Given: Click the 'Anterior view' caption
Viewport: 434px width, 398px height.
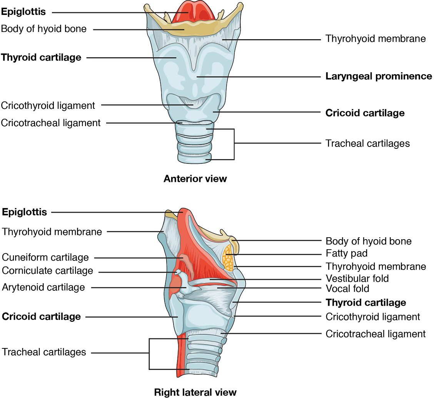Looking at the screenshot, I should pyautogui.click(x=195, y=178).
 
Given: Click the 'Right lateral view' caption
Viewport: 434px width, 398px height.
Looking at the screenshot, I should pyautogui.click(x=195, y=392).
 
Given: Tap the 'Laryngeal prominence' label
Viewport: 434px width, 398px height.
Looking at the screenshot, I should pyautogui.click(x=379, y=76).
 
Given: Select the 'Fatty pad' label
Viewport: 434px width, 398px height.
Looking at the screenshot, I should pyautogui.click(x=346, y=253).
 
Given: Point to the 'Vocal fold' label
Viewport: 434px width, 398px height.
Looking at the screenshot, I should pyautogui.click(x=347, y=288).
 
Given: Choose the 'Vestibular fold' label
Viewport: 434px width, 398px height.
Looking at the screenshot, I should pyautogui.click(x=357, y=278).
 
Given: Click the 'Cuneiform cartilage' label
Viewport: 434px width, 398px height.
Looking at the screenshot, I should pyautogui.click(x=45, y=257).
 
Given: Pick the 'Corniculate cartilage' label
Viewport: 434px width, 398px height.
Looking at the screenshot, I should pyautogui.click(x=47, y=271).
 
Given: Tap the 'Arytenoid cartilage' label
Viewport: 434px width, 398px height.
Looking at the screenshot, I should pyautogui.click(x=43, y=287).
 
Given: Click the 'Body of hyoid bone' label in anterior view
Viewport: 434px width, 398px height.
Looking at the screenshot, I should pyautogui.click(x=44, y=29).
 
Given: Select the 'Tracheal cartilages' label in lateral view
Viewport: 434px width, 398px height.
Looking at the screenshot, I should pyautogui.click(x=44, y=352).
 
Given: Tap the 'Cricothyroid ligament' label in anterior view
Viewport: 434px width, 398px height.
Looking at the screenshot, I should pyautogui.click(x=48, y=105).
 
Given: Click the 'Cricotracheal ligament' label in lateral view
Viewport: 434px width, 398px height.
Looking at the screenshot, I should pyautogui.click(x=376, y=334).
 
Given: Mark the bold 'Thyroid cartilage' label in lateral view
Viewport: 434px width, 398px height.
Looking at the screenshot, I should pyautogui.click(x=366, y=303).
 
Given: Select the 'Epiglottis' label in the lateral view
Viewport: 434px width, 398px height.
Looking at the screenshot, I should pyautogui.click(x=25, y=212).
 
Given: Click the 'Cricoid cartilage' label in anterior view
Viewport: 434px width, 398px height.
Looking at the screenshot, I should pyautogui.click(x=365, y=113).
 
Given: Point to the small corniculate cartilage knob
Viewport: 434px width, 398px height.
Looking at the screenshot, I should pyautogui.click(x=178, y=272).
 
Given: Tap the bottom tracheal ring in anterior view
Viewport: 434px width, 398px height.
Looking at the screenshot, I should pyautogui.click(x=195, y=157).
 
